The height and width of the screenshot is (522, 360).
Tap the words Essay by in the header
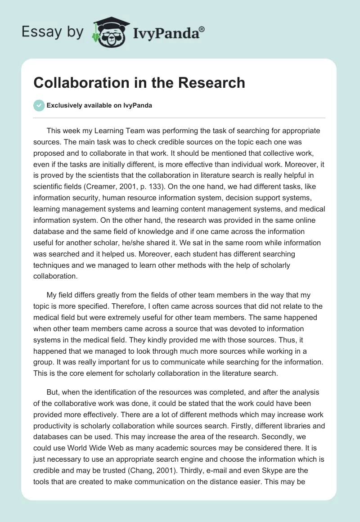click(x=52, y=32)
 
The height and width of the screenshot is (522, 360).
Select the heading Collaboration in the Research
click(x=139, y=83)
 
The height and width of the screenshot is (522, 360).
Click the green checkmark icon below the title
click(x=39, y=105)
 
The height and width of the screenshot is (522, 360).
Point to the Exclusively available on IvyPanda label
click(x=99, y=105)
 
